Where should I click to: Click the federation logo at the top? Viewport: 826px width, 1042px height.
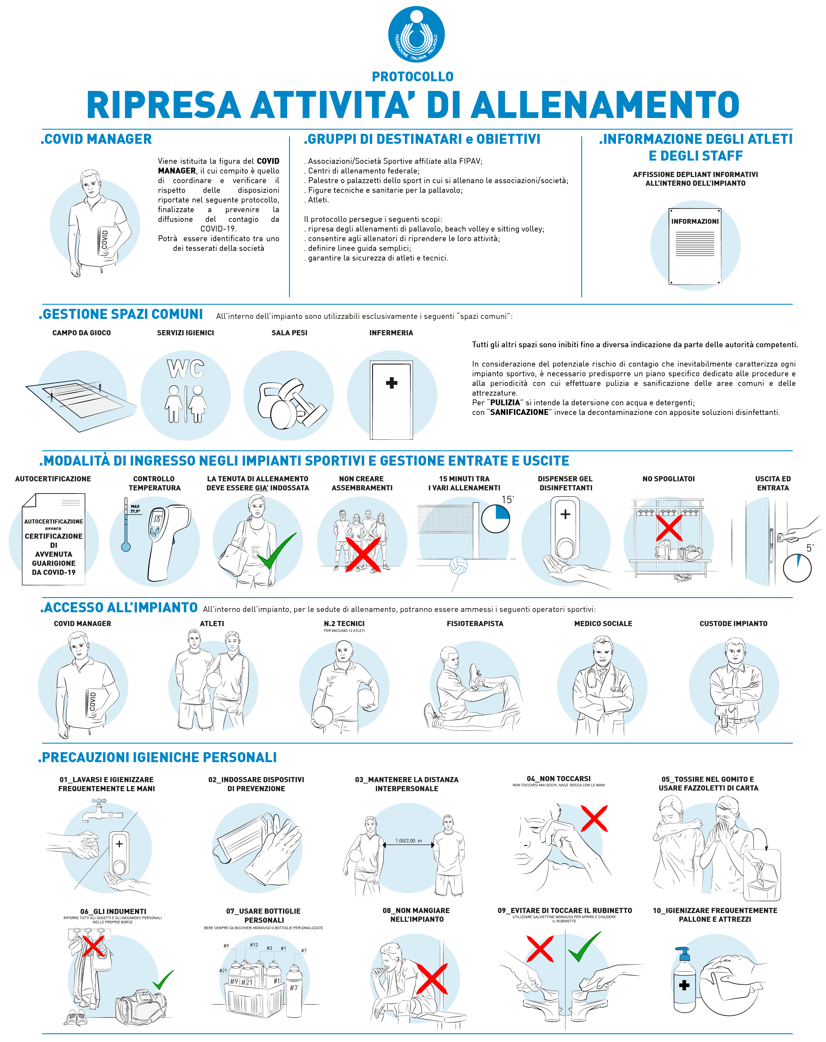(416, 34)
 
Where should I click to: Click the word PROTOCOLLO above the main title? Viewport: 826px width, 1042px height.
(413, 76)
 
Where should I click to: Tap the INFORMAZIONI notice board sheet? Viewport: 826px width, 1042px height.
(695, 247)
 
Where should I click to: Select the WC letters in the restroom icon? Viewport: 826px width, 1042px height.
(186, 369)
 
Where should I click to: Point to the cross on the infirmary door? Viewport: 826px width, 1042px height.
(392, 383)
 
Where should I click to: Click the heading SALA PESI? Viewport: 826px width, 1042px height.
(289, 333)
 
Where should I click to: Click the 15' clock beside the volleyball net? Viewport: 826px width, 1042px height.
(496, 519)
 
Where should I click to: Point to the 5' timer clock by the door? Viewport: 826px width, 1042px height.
(797, 568)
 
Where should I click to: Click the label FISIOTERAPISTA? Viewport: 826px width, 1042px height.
(475, 624)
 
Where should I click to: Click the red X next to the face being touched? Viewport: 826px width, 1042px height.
(594, 818)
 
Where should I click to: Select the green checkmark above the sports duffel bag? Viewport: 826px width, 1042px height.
(164, 980)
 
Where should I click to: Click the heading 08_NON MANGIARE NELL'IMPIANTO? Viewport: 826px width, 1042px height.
(416, 915)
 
